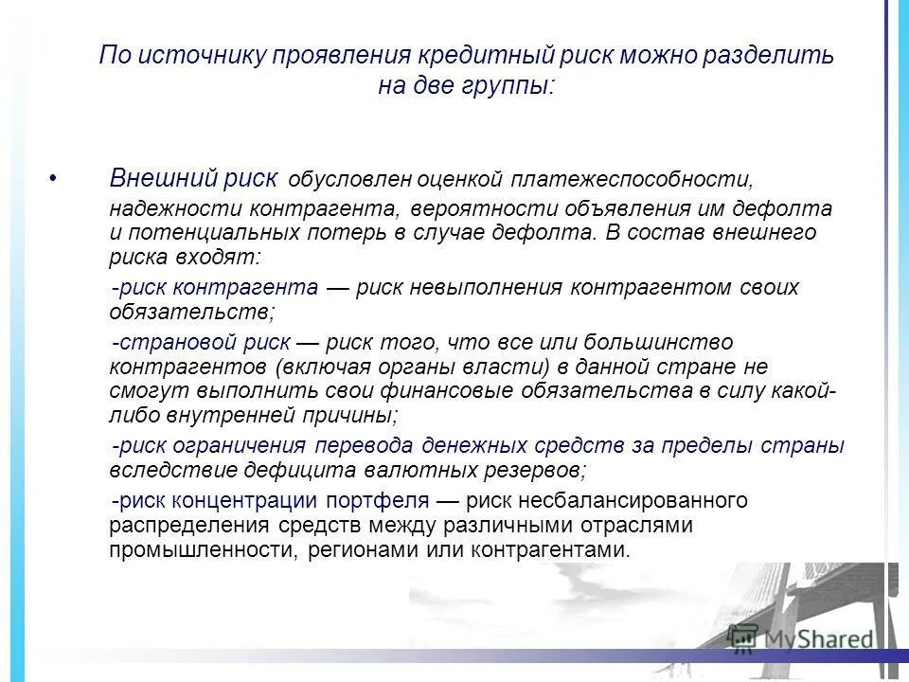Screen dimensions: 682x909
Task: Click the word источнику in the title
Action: (x=205, y=55)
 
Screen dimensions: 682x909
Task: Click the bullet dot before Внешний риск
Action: (x=53, y=178)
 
